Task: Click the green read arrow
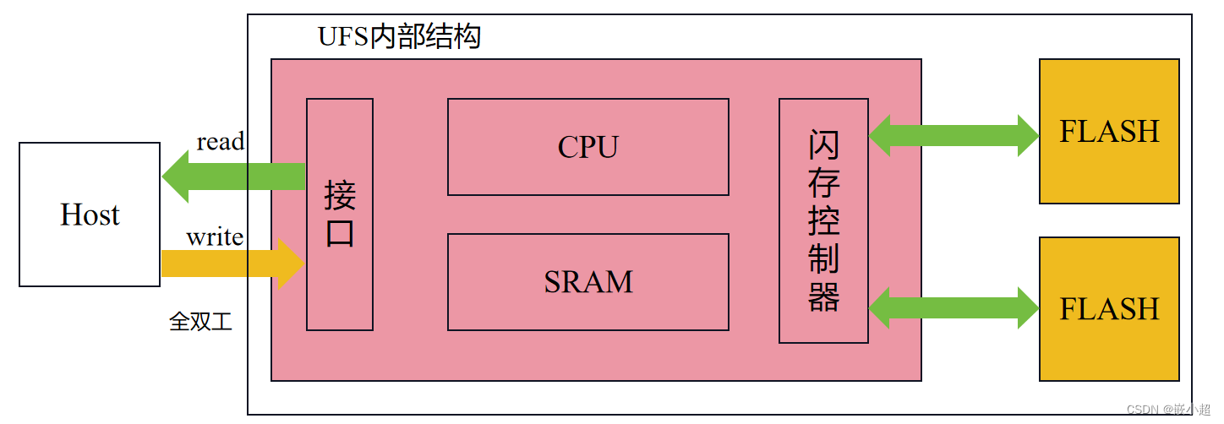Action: pyautogui.click(x=233, y=177)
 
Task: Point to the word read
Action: pyautogui.click(x=220, y=142)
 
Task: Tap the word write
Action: pyautogui.click(x=215, y=236)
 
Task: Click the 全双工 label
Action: pyautogui.click(x=200, y=322)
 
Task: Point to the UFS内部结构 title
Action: pyautogui.click(x=399, y=37)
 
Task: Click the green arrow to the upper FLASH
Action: pyautogui.click(x=954, y=135)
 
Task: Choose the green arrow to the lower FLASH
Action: pyautogui.click(x=954, y=307)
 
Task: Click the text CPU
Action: pyautogui.click(x=587, y=147)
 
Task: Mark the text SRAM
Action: pyautogui.click(x=587, y=282)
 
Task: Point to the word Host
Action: pyautogui.click(x=90, y=215)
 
